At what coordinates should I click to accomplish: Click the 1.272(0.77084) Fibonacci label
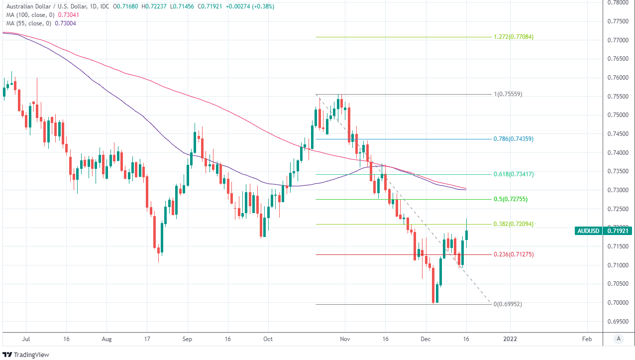[x=513, y=37]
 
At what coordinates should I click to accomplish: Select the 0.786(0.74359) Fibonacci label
[x=513, y=139]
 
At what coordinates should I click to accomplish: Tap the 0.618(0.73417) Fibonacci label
[x=513, y=174]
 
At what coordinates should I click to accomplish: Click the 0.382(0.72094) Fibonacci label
[x=513, y=224]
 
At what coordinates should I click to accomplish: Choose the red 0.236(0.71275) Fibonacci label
[x=513, y=254]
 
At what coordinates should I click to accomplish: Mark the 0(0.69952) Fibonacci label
[x=507, y=304]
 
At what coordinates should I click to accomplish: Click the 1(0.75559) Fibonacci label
[x=507, y=94]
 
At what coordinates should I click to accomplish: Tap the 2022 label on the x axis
[x=510, y=339]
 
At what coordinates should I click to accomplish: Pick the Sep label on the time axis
[x=187, y=339]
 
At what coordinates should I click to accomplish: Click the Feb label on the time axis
[x=587, y=339]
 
